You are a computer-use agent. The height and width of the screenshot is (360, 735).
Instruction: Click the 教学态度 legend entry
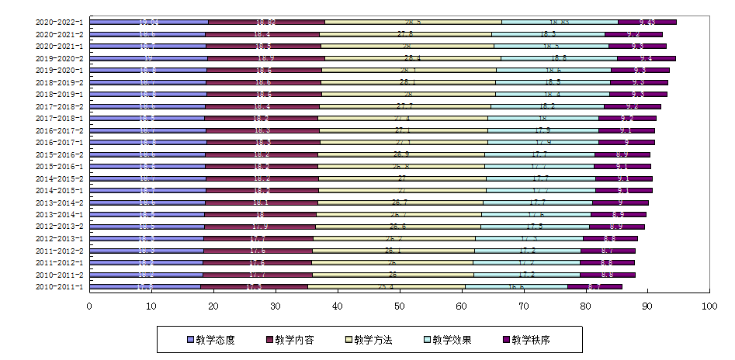(211, 340)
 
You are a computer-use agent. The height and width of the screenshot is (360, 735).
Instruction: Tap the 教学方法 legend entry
(369, 340)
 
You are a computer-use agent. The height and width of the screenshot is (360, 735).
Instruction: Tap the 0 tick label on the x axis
(89, 308)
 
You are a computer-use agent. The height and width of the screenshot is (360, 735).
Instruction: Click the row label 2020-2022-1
(61, 22)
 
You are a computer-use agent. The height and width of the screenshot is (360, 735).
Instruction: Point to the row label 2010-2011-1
(61, 287)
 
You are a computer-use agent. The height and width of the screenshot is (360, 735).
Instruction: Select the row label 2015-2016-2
(61, 154)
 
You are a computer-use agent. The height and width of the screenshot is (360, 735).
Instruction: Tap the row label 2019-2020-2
(61, 58)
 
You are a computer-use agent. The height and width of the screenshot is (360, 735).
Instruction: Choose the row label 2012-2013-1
(61, 239)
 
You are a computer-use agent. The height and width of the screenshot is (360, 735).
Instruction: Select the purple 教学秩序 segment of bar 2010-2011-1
(595, 286)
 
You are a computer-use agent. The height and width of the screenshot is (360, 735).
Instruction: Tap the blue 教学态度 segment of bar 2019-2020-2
(148, 58)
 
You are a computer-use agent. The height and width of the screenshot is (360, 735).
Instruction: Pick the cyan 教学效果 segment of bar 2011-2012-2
(528, 251)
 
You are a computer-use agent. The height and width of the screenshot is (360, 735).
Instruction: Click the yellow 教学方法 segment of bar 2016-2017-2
(403, 130)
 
